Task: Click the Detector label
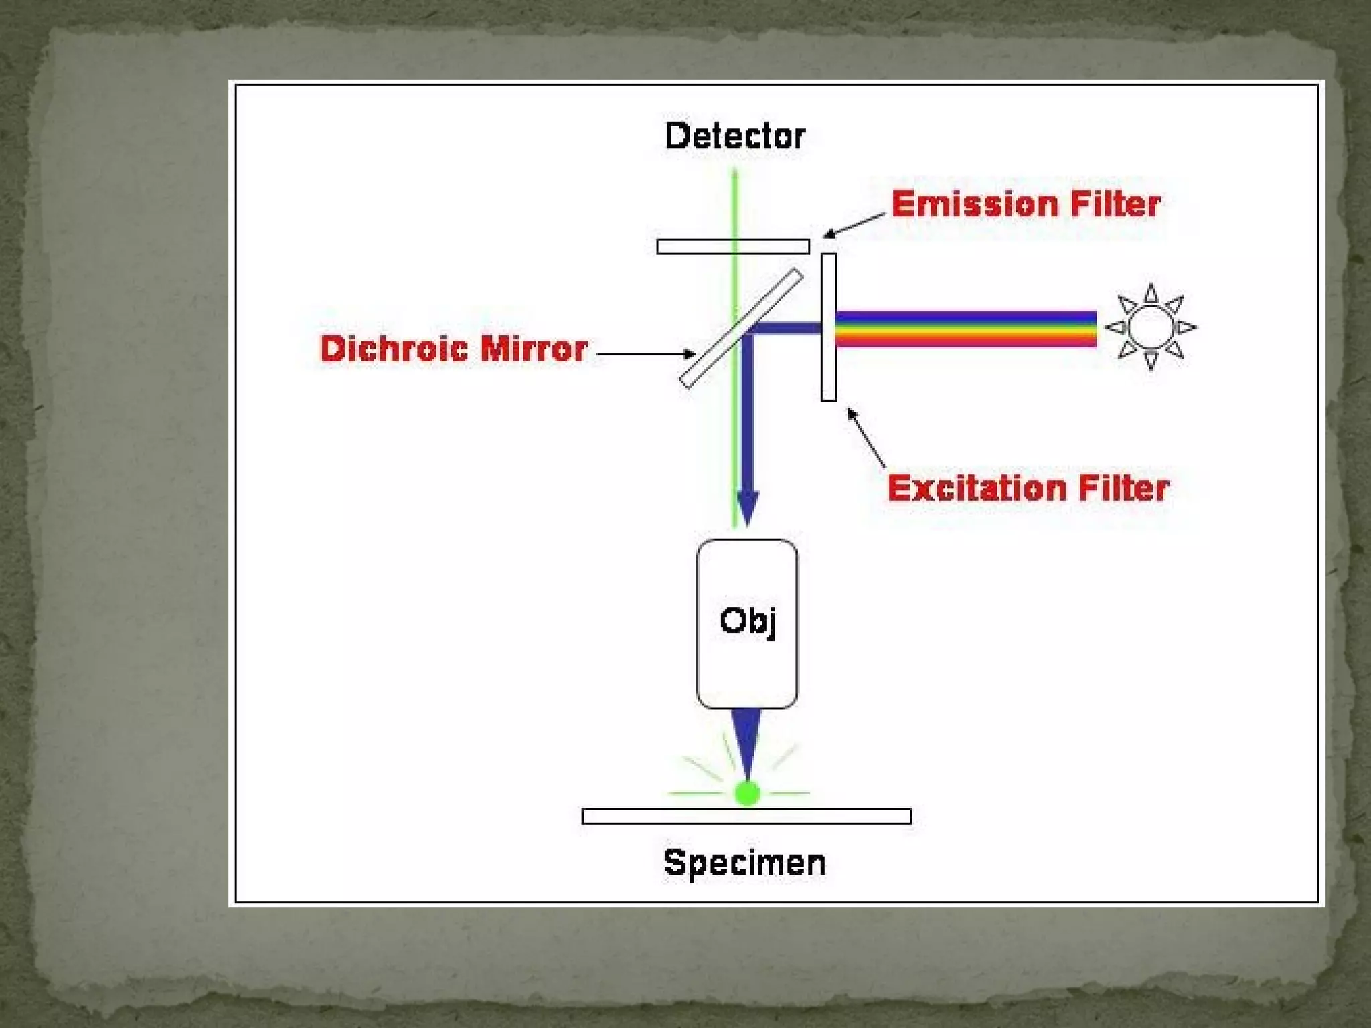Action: [734, 136]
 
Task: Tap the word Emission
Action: [975, 204]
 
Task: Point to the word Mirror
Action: [534, 349]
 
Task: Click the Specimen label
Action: [744, 863]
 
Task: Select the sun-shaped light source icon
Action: [1151, 327]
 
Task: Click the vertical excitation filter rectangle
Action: [829, 327]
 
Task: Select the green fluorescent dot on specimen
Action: [746, 794]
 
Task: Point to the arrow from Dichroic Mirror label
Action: [646, 354]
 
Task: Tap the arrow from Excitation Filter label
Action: [866, 437]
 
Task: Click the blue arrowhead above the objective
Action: [747, 507]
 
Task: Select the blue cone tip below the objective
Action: [746, 743]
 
